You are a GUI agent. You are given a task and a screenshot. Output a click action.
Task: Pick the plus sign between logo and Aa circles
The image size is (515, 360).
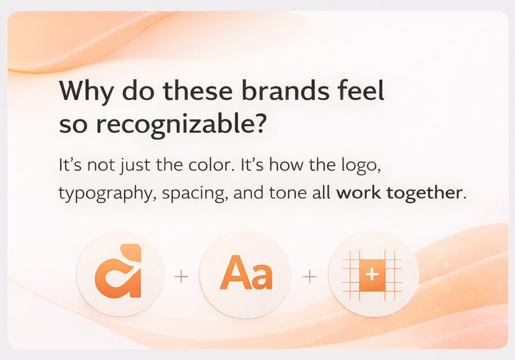pos(181,276)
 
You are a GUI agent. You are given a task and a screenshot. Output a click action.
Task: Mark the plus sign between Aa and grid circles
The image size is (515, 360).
pos(309,276)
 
